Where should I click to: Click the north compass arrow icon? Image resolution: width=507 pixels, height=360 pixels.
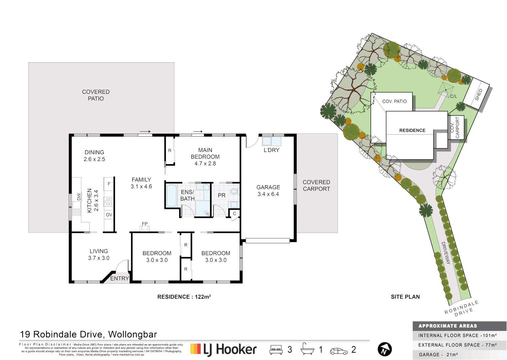click(384, 349)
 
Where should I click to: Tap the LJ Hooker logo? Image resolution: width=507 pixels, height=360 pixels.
click(223, 349)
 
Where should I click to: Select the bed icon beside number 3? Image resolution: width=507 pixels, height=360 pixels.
click(276, 350)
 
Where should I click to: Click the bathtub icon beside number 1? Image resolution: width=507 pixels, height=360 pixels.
click(307, 349)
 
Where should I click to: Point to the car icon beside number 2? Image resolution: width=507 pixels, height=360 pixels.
click(338, 351)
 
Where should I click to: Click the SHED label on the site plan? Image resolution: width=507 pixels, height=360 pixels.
click(478, 95)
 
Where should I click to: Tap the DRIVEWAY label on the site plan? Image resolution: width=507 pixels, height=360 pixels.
click(446, 253)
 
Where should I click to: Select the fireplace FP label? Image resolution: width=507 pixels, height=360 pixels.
click(145, 224)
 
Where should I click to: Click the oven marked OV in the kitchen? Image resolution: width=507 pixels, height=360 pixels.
click(109, 215)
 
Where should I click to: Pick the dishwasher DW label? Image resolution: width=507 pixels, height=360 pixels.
click(79, 197)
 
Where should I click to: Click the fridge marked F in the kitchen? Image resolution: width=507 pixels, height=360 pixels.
click(109, 184)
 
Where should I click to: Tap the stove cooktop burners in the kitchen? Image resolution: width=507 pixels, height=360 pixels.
click(109, 202)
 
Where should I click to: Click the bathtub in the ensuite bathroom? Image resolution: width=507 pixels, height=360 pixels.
click(171, 196)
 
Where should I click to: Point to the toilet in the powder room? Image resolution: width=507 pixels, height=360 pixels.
click(234, 191)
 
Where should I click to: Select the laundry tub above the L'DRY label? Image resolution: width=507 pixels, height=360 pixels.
click(271, 141)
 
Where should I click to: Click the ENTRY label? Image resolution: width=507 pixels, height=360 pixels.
click(119, 278)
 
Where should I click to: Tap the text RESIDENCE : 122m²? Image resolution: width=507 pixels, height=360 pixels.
click(184, 297)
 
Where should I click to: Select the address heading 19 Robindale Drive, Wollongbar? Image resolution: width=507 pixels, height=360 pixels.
click(88, 334)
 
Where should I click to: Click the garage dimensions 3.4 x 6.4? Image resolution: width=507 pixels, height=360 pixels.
click(268, 194)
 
